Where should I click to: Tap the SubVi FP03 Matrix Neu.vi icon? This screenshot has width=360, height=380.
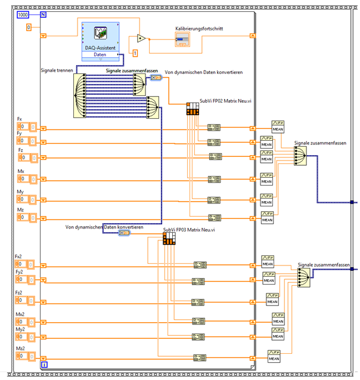(169, 239)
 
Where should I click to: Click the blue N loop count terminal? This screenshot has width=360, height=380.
(44, 13)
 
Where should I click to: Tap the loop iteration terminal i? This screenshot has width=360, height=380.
(44, 363)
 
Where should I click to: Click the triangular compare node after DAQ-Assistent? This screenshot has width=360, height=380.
(140, 38)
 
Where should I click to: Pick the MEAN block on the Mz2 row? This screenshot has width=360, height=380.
(274, 356)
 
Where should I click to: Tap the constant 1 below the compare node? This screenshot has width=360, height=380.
(135, 54)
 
